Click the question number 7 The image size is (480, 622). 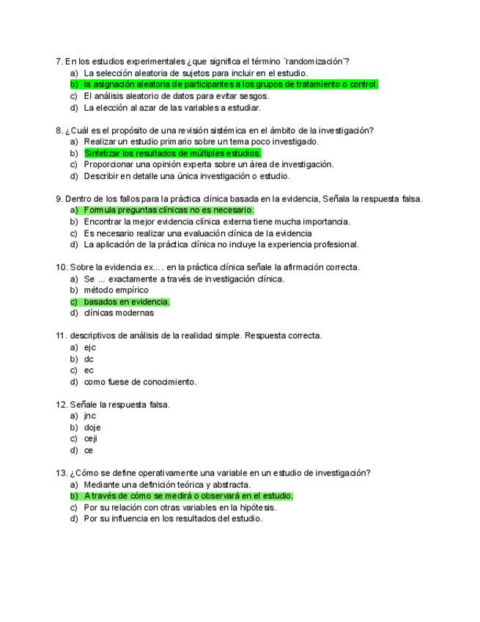coord(59,62)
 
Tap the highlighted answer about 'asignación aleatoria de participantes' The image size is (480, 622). coord(231,84)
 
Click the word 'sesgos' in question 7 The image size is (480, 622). coord(254,96)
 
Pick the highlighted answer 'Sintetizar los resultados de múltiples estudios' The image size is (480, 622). coord(172,153)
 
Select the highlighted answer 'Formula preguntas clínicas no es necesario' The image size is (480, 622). coord(169,211)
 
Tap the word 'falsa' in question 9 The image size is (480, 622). coord(409,199)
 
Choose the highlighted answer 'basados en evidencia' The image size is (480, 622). coord(127,301)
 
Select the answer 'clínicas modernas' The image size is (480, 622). coord(119,313)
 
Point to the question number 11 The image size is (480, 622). coord(61,336)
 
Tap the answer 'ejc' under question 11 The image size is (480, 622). coord(90,348)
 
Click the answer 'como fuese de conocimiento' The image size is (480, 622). coord(140,382)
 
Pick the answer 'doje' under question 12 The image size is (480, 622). coord(92,428)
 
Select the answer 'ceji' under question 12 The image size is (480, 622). coord(91,439)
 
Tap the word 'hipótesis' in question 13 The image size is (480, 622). coord(256,508)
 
